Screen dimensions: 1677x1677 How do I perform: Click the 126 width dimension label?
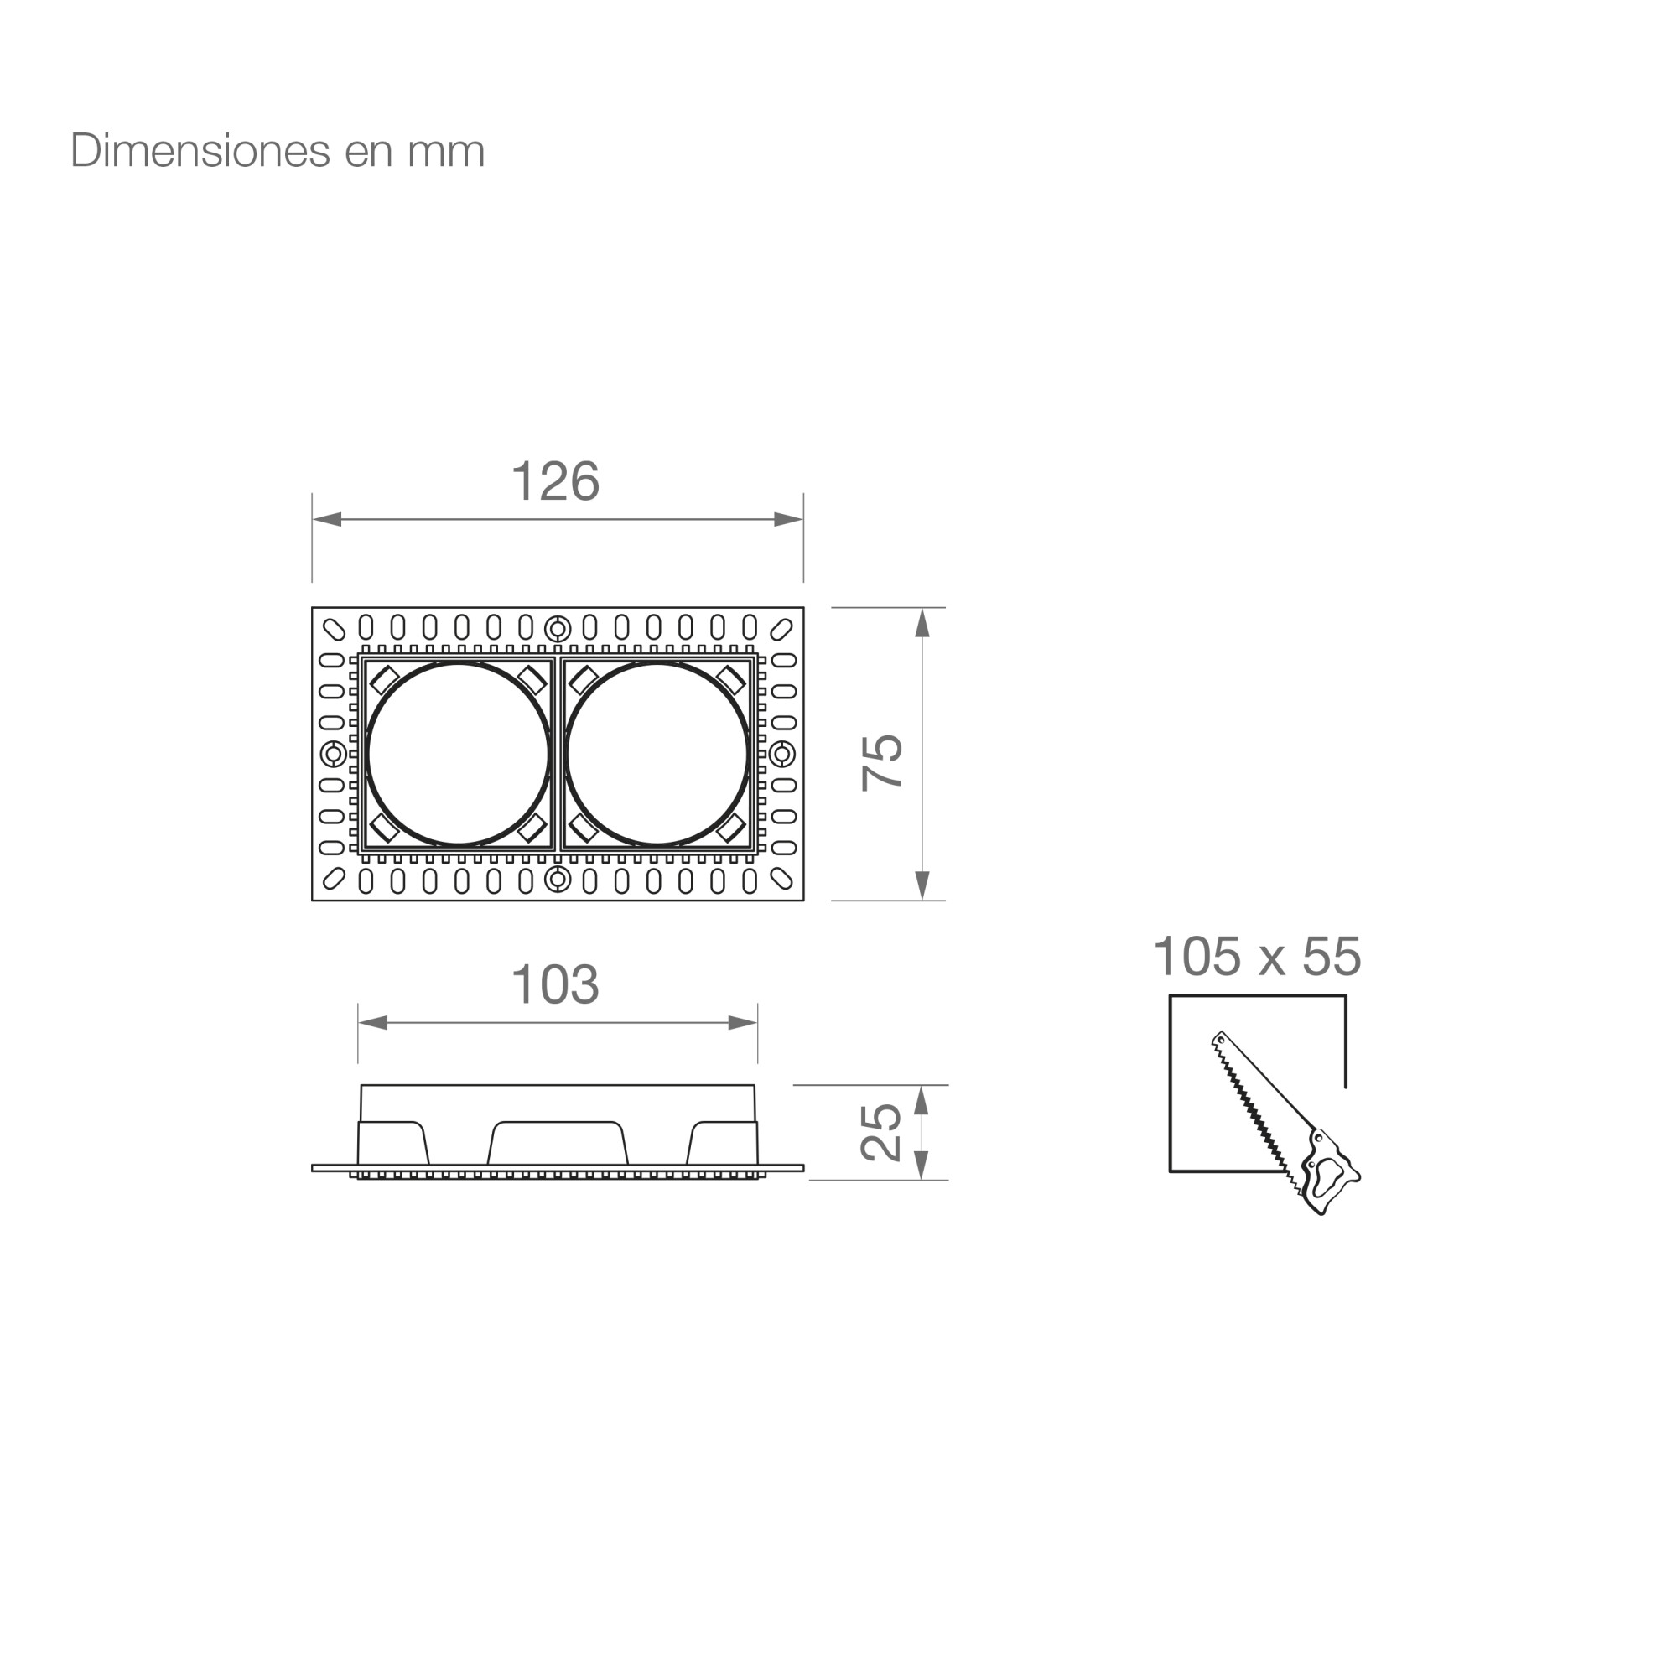click(556, 480)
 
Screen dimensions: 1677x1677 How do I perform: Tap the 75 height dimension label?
click(882, 762)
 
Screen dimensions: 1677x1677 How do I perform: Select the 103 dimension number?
click(556, 984)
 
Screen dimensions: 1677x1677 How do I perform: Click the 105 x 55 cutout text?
click(1257, 957)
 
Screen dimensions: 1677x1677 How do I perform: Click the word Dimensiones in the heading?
click(200, 150)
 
